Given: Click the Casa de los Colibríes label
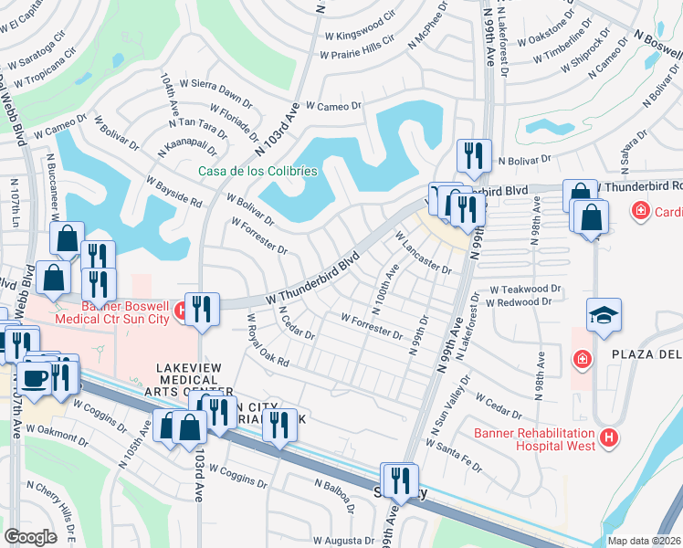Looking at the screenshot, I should [258, 171].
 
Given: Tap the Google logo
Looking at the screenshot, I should [30, 537].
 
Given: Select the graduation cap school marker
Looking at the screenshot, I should [604, 315].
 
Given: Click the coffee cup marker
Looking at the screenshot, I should [36, 378].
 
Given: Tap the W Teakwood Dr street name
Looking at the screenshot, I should [525, 289].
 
